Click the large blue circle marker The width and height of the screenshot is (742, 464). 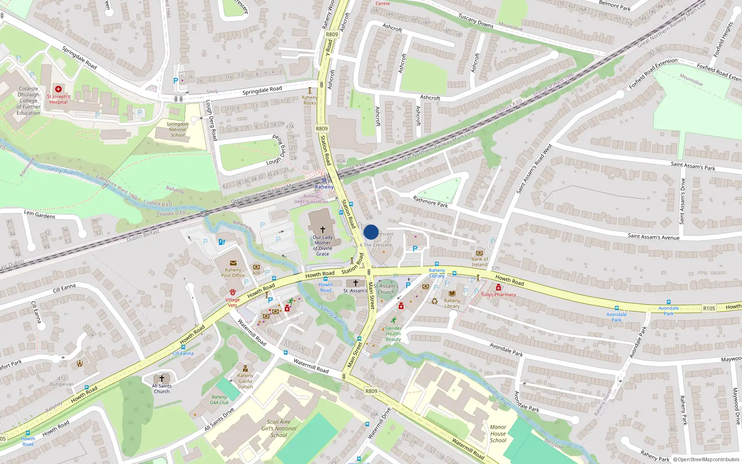tap(371, 232)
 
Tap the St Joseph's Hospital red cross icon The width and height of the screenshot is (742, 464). tap(58, 89)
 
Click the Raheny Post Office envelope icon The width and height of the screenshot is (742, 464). tap(233, 264)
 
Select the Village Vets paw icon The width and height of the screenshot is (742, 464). tap(233, 292)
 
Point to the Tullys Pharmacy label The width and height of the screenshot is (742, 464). tap(498, 295)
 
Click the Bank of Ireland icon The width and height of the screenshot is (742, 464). tap(480, 253)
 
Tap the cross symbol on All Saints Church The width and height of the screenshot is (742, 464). tap(161, 379)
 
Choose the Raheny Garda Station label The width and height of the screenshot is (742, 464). tap(245, 381)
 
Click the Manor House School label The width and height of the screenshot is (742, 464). tap(498, 434)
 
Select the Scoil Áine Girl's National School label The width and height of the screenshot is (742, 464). tap(279, 429)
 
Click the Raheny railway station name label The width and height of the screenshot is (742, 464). tap(324, 187)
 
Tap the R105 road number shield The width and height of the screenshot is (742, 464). tap(709, 308)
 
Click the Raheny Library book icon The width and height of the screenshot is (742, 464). tap(452, 293)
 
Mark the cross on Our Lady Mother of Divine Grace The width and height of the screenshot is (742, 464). tap(323, 229)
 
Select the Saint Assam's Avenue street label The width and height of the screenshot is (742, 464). tap(653, 237)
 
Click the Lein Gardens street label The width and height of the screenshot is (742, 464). tap(39, 214)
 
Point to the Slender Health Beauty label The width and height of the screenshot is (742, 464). tap(393, 334)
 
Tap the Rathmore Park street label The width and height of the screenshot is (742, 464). tap(430, 201)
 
